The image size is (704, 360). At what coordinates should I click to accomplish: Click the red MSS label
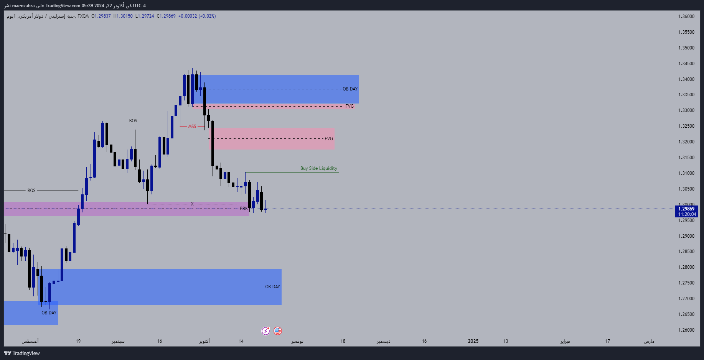(x=192, y=127)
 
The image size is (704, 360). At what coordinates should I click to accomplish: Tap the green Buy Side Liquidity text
(x=318, y=168)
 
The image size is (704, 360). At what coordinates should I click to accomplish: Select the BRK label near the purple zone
(x=244, y=209)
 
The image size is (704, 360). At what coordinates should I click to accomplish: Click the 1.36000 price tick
(x=686, y=16)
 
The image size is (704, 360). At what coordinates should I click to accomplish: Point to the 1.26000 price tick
(x=686, y=330)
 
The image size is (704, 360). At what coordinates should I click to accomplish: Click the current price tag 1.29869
(x=686, y=209)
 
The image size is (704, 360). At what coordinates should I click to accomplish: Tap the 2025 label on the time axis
(x=473, y=341)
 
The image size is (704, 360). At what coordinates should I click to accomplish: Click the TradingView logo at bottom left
(x=22, y=353)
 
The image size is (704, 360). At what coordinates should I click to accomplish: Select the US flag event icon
(x=278, y=331)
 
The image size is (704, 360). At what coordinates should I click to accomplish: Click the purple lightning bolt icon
(x=265, y=331)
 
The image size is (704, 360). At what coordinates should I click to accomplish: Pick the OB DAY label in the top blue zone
(x=350, y=89)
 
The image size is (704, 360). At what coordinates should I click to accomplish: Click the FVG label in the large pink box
(x=329, y=139)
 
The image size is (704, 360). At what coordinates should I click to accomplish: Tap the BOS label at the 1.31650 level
(x=133, y=121)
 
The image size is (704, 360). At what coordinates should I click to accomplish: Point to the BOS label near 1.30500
(x=31, y=191)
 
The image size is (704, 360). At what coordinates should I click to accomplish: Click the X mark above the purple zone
(x=192, y=204)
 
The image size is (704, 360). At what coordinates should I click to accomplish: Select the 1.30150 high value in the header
(x=123, y=16)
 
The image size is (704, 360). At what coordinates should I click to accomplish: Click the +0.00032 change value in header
(x=188, y=16)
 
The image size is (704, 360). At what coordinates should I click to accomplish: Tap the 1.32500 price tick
(x=686, y=126)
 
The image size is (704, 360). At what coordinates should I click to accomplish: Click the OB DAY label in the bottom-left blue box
(x=49, y=313)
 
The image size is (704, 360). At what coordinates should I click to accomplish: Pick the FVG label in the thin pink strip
(x=349, y=106)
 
